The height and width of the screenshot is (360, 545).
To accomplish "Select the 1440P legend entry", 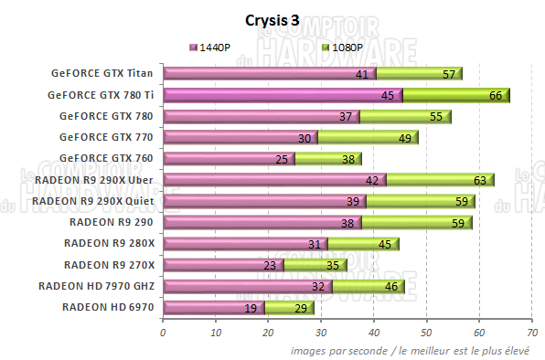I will (214, 47).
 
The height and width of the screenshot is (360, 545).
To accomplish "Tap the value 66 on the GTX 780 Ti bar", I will (496, 95).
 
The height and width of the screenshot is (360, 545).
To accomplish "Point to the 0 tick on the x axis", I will (163, 333).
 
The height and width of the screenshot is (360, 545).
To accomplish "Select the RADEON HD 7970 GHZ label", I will (96, 286).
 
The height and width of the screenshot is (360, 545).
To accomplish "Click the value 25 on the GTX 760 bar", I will (283, 159).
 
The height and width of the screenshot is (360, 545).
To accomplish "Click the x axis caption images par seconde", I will (415, 349).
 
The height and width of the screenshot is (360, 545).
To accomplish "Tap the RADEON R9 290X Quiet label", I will (96, 201).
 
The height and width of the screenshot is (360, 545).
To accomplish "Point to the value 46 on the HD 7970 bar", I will (390, 286).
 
